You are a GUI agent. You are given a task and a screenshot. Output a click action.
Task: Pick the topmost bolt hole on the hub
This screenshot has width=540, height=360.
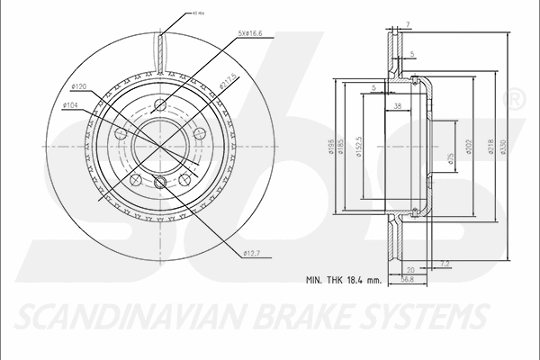(160, 103)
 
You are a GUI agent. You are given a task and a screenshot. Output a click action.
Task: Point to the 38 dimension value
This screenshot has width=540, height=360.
(397, 106)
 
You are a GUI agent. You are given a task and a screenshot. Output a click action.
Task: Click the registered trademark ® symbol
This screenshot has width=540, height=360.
(515, 100)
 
